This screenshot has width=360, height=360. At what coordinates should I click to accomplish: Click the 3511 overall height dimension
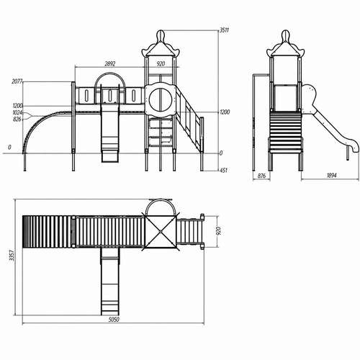click(x=225, y=30)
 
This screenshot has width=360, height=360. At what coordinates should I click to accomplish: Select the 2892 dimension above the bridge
click(x=110, y=64)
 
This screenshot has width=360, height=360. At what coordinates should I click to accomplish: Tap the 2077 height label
click(x=17, y=81)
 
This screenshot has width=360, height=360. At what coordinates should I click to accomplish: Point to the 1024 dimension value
click(x=17, y=112)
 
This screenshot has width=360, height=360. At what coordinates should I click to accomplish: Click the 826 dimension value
click(x=17, y=119)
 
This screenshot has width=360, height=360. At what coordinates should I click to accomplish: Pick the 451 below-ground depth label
click(x=224, y=171)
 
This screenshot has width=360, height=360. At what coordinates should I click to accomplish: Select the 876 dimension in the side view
click(x=261, y=176)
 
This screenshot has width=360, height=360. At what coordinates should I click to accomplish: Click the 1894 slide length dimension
click(x=332, y=176)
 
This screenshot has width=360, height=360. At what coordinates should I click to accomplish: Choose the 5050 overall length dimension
click(x=114, y=320)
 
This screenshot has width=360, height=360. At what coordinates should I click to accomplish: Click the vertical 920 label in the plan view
click(x=219, y=231)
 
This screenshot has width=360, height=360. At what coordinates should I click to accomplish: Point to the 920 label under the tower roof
click(x=161, y=64)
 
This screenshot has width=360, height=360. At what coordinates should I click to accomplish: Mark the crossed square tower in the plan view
click(x=160, y=232)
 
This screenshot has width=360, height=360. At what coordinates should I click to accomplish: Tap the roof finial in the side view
click(x=285, y=36)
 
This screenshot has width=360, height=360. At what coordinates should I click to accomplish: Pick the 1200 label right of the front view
click(x=225, y=112)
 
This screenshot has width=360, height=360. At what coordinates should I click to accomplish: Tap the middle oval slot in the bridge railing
click(x=109, y=96)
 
